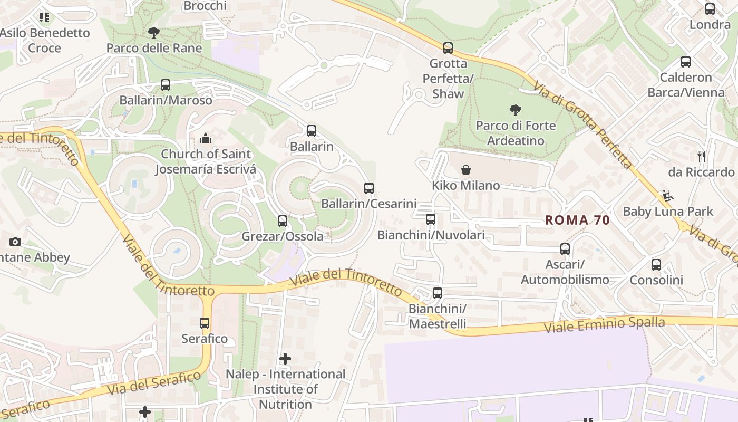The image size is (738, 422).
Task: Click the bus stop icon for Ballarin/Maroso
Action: [x=165, y=85]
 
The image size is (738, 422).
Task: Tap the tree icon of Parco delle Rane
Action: [x=154, y=33]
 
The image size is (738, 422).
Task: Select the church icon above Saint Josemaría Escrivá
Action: [x=206, y=139]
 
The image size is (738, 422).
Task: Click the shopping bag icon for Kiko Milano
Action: [x=465, y=170]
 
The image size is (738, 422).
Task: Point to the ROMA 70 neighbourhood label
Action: [x=577, y=220]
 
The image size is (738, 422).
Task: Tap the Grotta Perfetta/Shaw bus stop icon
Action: [x=448, y=48]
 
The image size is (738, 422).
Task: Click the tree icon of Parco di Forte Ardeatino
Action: [x=516, y=110]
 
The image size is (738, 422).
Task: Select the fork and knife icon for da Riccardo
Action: [x=701, y=157]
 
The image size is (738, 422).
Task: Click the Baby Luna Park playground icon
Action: [x=667, y=196]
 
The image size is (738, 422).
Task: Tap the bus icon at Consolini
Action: [x=656, y=265]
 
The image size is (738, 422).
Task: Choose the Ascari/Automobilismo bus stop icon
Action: [x=565, y=249]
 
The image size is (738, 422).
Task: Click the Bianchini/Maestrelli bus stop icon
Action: [x=437, y=293]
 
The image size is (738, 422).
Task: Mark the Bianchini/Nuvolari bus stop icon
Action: [x=431, y=219]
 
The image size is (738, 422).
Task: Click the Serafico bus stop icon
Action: [x=205, y=323]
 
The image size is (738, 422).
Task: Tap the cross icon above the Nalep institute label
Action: [x=285, y=359]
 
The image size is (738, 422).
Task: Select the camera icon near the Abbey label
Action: [x=15, y=242]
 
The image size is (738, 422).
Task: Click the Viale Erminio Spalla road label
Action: [x=604, y=324]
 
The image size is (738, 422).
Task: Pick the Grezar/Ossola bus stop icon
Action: [x=283, y=221]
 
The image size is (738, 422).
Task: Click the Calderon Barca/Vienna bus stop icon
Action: [x=685, y=62]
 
